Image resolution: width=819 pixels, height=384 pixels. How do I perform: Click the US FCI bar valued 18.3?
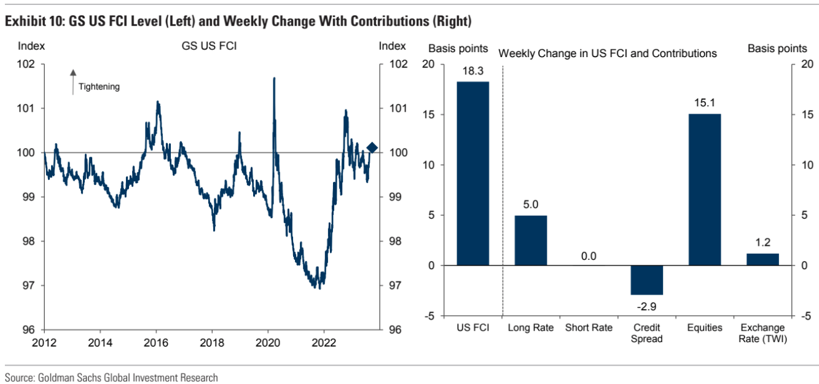(472, 173)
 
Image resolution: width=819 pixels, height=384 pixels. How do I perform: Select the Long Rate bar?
(530, 240)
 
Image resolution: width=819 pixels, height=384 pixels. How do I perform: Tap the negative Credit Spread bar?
(646, 280)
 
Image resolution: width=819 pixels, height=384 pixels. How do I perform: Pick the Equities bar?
(704, 189)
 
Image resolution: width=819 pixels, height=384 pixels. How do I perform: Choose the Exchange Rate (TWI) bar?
(762, 259)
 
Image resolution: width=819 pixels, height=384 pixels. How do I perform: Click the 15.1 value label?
(704, 103)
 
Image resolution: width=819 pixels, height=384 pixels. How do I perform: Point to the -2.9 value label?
(646, 306)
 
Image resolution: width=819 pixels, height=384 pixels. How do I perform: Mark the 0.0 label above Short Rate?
(589, 256)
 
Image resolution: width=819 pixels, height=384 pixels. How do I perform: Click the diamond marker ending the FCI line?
(372, 147)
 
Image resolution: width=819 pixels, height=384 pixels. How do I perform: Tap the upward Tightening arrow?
(72, 81)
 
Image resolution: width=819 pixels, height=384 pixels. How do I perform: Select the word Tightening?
(99, 87)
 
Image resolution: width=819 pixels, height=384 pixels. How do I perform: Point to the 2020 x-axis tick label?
(268, 342)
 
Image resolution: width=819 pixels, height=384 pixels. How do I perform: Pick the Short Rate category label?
(589, 327)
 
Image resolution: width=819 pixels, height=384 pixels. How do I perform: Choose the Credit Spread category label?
(646, 333)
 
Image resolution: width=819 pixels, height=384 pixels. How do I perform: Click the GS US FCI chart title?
(209, 46)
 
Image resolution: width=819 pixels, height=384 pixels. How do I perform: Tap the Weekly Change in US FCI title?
(607, 53)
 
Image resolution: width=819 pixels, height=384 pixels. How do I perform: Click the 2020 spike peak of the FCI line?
(273, 79)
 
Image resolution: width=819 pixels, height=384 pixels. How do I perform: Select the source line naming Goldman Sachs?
(111, 378)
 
